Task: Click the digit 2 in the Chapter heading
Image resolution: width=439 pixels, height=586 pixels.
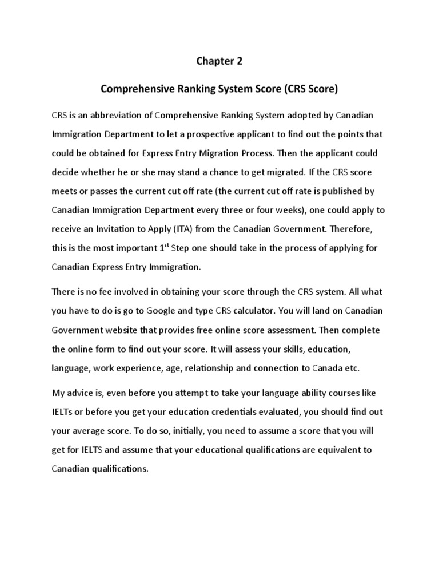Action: pyautogui.click(x=240, y=61)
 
